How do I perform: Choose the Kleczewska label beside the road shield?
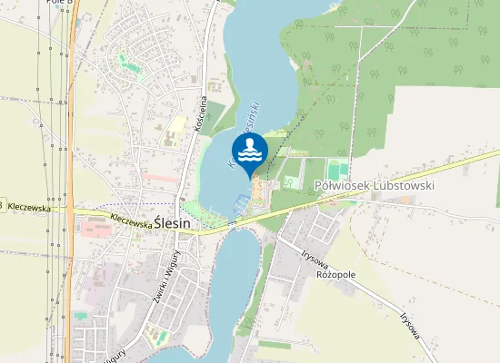(28, 207)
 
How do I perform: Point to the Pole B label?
(56, 3)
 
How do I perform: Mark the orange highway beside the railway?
(72, 136)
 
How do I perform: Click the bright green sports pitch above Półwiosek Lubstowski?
(337, 170)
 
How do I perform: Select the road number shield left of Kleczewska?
(2, 206)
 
